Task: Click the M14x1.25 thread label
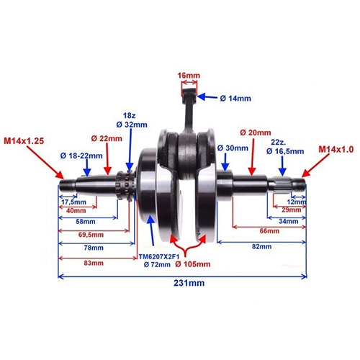pos(24,141)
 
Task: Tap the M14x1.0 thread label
pos(336,150)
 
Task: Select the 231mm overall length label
pos(189,283)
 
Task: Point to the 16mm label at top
pos(189,76)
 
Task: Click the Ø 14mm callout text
pos(235,98)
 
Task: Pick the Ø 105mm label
pos(193,264)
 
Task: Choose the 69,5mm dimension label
pos(91,235)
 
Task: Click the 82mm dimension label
pos(261,246)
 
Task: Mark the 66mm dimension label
pos(269,231)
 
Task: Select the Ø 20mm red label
pos(256,132)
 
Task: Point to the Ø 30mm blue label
pos(233,148)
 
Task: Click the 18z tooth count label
pos(130,116)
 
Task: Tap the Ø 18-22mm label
pos(81,156)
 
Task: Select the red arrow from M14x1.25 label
pos(45,162)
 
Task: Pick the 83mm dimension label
pos(94,263)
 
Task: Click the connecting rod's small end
pos(189,92)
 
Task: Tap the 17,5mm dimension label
pos(73,202)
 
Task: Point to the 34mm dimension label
pos(289,221)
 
